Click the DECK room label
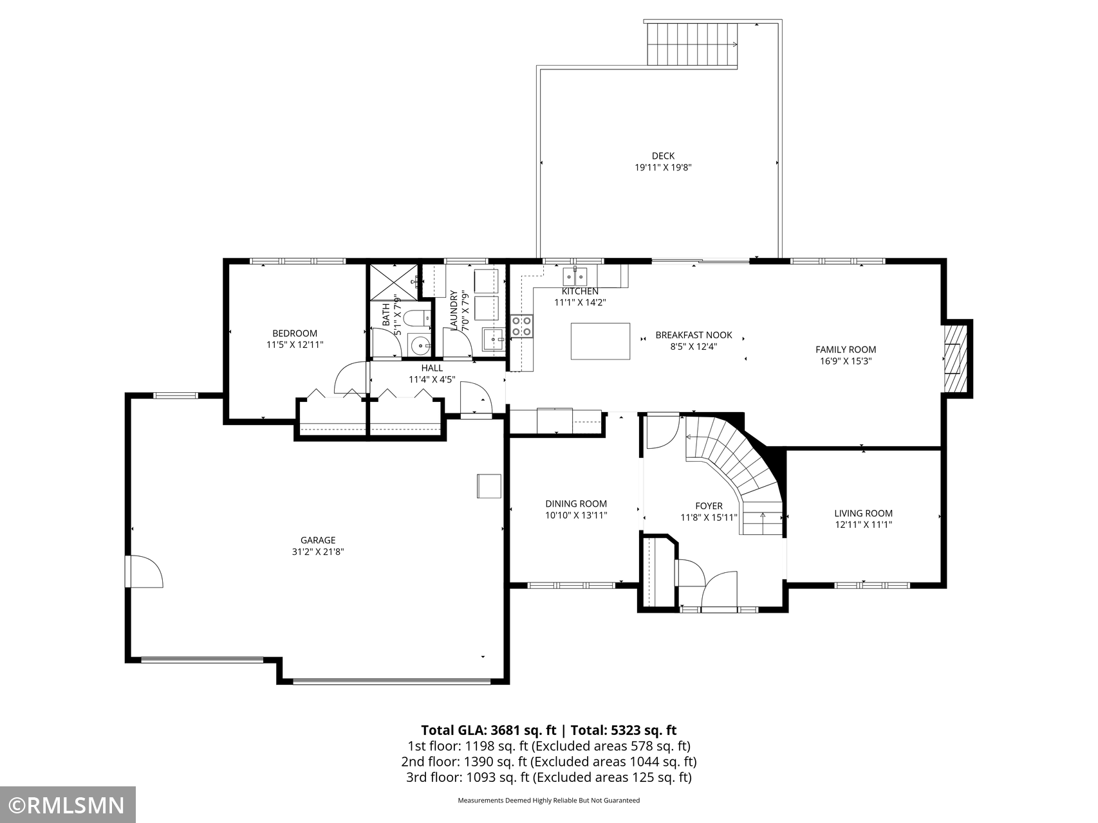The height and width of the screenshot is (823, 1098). coord(663,156)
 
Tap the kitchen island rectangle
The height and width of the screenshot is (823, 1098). coord(600,341)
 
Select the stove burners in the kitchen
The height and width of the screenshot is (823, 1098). coord(522,326)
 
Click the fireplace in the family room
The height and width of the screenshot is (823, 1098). coord(956,357)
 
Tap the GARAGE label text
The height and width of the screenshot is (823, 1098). coord(318,540)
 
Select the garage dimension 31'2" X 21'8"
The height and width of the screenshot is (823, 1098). coord(318,552)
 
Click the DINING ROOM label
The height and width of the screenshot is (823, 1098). coord(576,504)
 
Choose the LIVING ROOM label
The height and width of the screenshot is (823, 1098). coord(863,513)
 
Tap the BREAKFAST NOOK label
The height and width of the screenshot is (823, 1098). coord(694,335)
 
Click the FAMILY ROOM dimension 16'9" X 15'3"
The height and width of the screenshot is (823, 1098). coord(846,361)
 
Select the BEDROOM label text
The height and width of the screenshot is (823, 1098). coord(295,333)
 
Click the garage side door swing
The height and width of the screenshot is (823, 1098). coord(145,572)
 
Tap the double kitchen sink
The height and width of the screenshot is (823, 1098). coord(575,277)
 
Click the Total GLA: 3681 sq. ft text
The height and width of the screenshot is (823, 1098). coord(489,730)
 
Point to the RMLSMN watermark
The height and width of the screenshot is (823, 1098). coord(68,805)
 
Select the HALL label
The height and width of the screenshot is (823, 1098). coord(432,368)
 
